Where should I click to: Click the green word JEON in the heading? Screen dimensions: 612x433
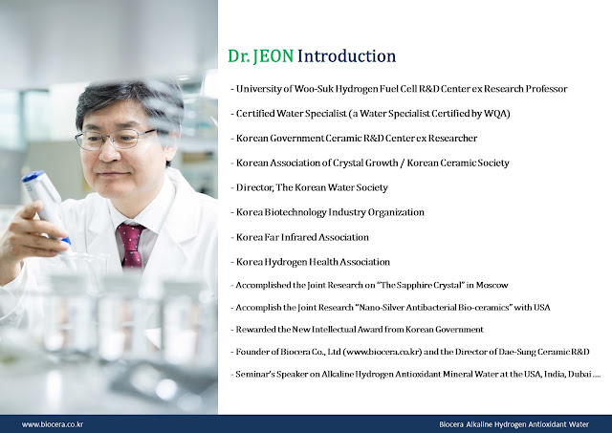pos(273,56)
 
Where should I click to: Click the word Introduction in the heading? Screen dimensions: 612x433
pos(346,56)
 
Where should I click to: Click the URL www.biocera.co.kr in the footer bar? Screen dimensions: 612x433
pos(53,424)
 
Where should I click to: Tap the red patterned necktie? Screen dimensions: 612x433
pos(132,245)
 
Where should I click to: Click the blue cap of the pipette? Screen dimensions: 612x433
pos(33,176)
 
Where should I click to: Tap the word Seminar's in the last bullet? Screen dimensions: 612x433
pos(255,374)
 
